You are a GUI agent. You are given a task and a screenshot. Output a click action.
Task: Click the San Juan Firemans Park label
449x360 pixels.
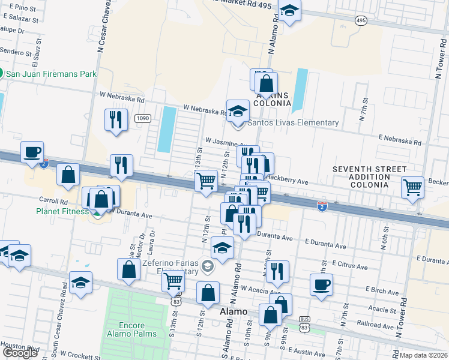point(51,74)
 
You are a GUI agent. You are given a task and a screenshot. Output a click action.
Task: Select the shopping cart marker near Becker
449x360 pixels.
point(412,187)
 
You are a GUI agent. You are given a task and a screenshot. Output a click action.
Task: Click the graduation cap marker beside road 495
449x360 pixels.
point(289,11)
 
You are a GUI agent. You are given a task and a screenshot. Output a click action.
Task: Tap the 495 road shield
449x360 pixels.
point(361,21)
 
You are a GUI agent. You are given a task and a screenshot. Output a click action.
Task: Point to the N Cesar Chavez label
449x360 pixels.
point(101,30)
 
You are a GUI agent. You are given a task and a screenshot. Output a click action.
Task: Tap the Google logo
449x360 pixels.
point(20,353)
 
